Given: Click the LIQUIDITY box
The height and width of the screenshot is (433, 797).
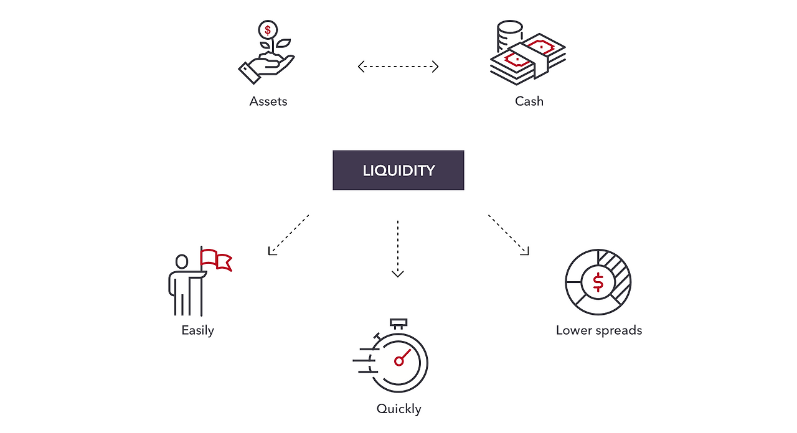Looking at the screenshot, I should [398, 170].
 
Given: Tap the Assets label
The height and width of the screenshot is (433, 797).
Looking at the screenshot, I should [268, 101].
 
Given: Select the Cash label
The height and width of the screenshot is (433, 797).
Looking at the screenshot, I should [529, 101].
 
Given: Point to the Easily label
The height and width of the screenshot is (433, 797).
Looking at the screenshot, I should [197, 330].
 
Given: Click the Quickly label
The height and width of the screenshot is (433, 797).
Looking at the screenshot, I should [398, 409].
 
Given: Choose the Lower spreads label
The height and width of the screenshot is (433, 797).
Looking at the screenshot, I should [598, 330].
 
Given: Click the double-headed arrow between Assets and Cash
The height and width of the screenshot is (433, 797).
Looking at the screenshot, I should [398, 67].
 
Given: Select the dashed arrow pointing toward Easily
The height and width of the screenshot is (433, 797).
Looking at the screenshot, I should [289, 235].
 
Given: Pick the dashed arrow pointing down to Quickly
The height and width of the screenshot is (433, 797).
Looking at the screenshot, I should [398, 248].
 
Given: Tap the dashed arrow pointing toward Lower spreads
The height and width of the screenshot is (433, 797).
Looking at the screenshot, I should [508, 235].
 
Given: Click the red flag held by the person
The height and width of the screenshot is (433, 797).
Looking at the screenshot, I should [216, 259].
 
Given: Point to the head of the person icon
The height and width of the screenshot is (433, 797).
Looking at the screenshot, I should [182, 262].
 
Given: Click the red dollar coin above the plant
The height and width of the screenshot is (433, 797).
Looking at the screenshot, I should [268, 29].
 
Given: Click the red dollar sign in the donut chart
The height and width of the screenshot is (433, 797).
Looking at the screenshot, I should [598, 282].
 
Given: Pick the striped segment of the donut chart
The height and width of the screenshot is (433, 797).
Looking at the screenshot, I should [617, 274].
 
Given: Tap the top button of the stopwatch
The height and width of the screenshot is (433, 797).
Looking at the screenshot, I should [398, 324].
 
